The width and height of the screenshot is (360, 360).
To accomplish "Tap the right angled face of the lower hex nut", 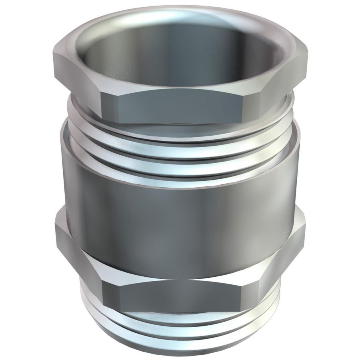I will pos(282,256).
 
